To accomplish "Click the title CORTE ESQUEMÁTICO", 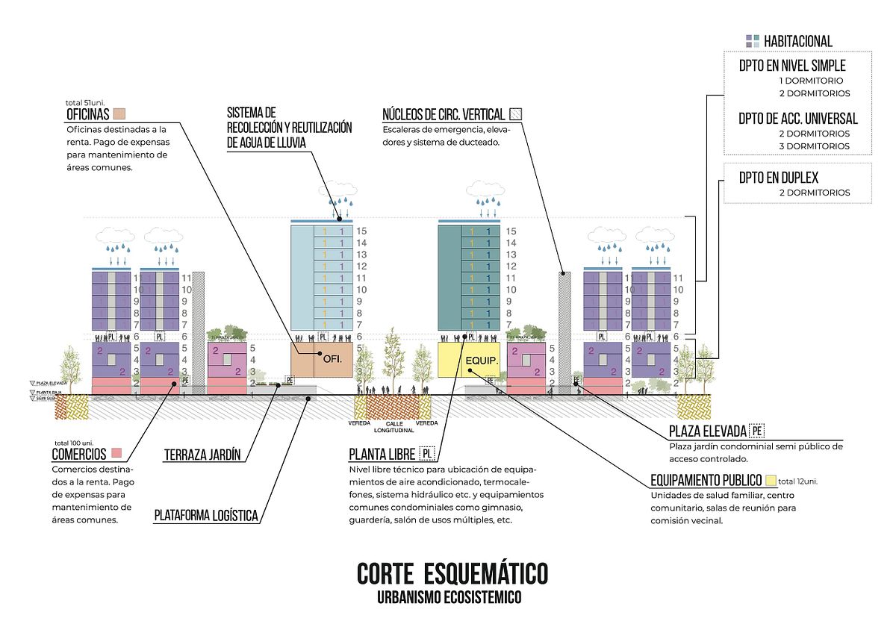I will (x=452, y=573).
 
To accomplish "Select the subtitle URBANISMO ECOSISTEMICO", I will (x=449, y=598).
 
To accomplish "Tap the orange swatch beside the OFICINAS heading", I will (x=119, y=114).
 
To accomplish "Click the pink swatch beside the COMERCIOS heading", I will (x=116, y=453).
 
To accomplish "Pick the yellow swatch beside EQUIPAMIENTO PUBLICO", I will (x=771, y=481).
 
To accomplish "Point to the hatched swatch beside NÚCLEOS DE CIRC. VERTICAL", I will (x=516, y=114).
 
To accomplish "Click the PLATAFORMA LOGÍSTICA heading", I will (x=206, y=515).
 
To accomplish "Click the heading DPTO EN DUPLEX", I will (x=779, y=178).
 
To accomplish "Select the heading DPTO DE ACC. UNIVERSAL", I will (x=798, y=118).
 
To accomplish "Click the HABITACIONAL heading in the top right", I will (x=797, y=41).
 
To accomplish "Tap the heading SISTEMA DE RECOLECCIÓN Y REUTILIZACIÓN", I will (x=289, y=128).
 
